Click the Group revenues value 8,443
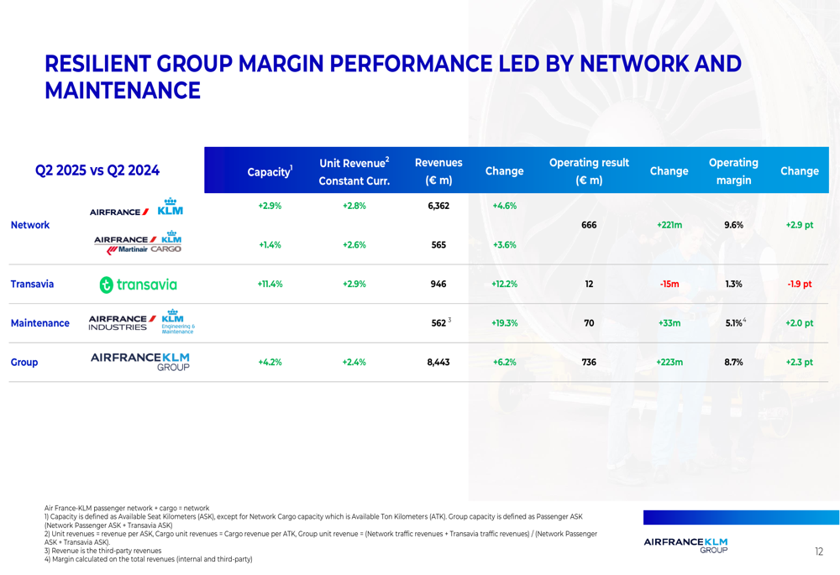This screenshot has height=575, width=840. tap(438, 363)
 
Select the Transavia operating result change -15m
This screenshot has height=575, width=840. tap(669, 284)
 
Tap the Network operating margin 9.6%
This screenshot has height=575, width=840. tap(733, 225)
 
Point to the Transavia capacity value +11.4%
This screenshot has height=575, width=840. tap(270, 284)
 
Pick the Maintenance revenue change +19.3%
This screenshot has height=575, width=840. tap(504, 323)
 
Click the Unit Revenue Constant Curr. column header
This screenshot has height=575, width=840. tap(354, 171)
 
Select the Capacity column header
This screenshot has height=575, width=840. tap(270, 172)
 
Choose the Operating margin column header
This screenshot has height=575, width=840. tap(733, 171)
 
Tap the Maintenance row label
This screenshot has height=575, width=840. tap(39, 323)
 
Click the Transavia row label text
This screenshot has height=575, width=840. tap(32, 284)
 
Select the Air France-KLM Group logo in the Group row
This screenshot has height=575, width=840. tap(139, 361)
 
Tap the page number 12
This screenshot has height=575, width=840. tap(818, 551)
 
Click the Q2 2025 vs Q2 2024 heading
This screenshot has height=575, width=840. tap(97, 170)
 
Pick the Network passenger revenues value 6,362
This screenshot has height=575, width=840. tap(438, 206)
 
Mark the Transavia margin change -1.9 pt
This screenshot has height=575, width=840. tap(799, 284)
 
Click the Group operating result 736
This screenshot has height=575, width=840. tap(589, 363)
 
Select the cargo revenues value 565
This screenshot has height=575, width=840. tap(438, 245)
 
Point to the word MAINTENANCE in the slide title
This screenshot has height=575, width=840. tap(123, 91)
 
